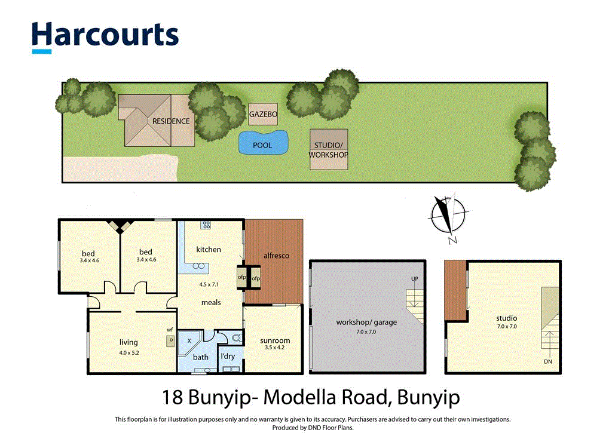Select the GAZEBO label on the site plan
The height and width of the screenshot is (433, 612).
pyautogui.click(x=263, y=113)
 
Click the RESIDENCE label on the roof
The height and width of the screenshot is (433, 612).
pyautogui.click(x=171, y=121)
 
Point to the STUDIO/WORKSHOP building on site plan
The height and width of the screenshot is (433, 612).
pyautogui.click(x=328, y=149)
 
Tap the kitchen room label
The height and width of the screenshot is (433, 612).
pyautogui.click(x=209, y=250)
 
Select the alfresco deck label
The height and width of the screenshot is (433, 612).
pyautogui.click(x=276, y=256)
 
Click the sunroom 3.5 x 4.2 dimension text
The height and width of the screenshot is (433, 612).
pyautogui.click(x=275, y=349)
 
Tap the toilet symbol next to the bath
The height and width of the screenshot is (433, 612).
pyautogui.click(x=236, y=339)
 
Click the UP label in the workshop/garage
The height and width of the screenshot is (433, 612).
pyautogui.click(x=414, y=280)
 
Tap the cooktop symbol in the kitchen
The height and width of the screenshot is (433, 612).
pyautogui.click(x=206, y=225)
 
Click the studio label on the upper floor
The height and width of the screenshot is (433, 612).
pyautogui.click(x=506, y=318)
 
